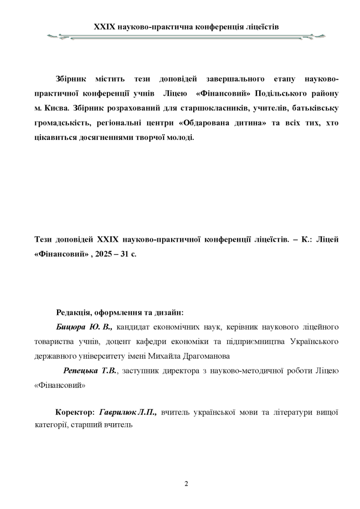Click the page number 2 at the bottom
[x=186, y=484]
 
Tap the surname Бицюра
[x=71, y=326]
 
